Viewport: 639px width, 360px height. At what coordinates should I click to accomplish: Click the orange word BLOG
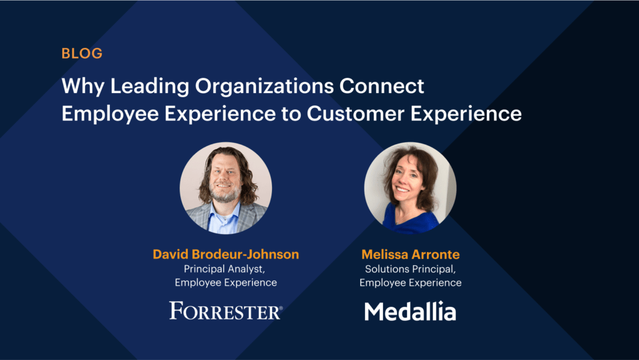(82, 54)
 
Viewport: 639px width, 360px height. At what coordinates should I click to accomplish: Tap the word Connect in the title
(382, 86)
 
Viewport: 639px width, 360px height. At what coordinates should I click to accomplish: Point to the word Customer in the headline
(355, 114)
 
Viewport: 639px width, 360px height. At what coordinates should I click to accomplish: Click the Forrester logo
(226, 311)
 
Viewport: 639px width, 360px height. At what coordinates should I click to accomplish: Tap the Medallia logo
(410, 311)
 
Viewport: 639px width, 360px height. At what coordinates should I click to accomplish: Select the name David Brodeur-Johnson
(226, 254)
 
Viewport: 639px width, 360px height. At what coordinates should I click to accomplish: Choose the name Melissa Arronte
(411, 254)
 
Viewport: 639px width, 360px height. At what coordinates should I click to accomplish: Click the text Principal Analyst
(225, 269)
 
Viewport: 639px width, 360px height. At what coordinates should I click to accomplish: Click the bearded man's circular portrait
(226, 188)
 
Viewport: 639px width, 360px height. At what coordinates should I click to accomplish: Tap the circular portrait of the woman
(411, 188)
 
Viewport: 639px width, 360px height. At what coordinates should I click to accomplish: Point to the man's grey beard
(225, 195)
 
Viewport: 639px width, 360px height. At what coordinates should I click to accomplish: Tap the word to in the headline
(291, 114)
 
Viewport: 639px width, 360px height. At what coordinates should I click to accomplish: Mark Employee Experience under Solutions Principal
(411, 283)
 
